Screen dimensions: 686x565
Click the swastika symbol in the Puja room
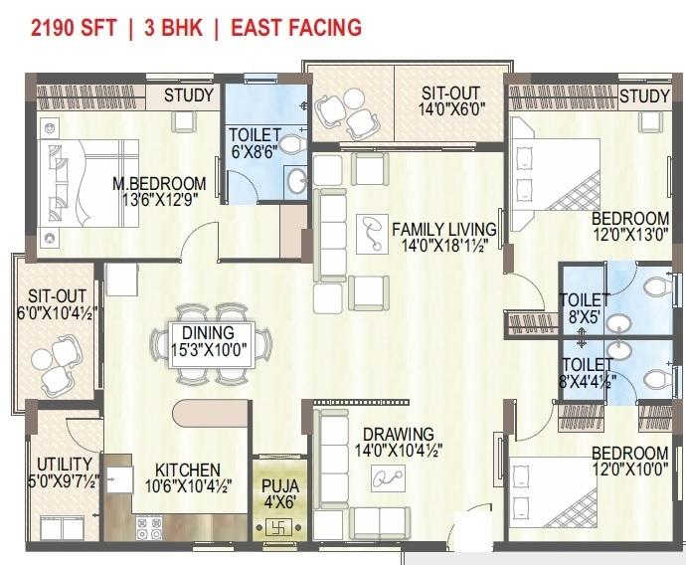click(x=278, y=528)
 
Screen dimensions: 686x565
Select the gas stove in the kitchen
click(x=149, y=528)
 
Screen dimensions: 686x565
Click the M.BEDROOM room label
click(x=159, y=183)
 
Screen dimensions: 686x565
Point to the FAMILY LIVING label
click(x=444, y=230)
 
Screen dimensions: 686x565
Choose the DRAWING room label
click(x=399, y=434)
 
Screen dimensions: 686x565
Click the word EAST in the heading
click(x=257, y=27)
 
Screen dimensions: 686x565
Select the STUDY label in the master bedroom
click(x=189, y=95)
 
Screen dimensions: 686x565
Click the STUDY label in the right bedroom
click(x=644, y=95)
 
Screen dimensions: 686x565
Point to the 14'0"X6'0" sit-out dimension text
click(x=452, y=109)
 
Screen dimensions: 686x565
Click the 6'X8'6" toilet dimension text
click(x=255, y=151)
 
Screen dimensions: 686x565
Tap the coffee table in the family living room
click(x=372, y=234)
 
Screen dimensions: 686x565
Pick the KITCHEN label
click(x=188, y=471)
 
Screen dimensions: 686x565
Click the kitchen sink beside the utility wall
click(x=117, y=479)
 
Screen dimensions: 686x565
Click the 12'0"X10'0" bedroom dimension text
click(x=630, y=470)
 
